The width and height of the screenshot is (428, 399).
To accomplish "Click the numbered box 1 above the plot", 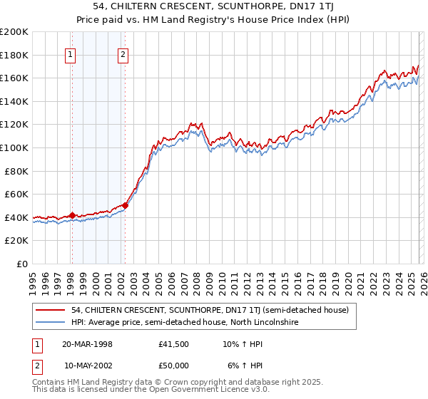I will point(71,54).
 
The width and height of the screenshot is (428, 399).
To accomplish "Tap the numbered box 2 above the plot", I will point(123,54).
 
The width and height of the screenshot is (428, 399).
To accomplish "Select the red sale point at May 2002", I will point(125,206).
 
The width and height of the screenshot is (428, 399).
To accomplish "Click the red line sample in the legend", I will point(51,310).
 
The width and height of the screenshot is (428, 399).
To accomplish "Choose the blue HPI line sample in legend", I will point(51,322).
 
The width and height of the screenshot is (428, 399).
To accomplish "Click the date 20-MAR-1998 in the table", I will point(88,344).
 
